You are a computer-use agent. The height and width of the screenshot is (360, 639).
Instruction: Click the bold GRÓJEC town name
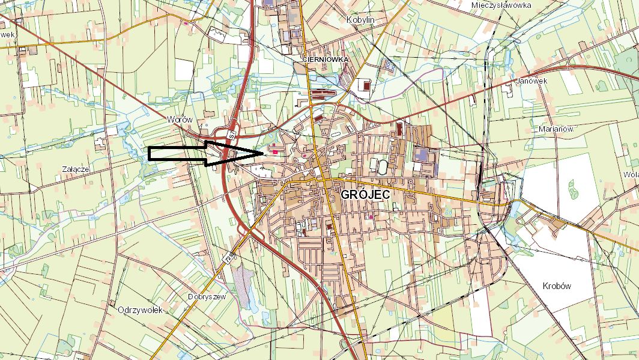click(366, 195)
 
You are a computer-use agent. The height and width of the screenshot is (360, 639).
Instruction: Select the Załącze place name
click(76, 169)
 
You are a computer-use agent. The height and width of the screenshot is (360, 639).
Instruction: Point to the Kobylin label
click(361, 20)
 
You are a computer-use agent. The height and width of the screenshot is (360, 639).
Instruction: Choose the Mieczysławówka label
click(502, 5)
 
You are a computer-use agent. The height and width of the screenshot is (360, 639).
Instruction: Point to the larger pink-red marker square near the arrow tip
click(276, 152)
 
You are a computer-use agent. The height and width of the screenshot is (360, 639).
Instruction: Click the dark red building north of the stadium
click(400, 127)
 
